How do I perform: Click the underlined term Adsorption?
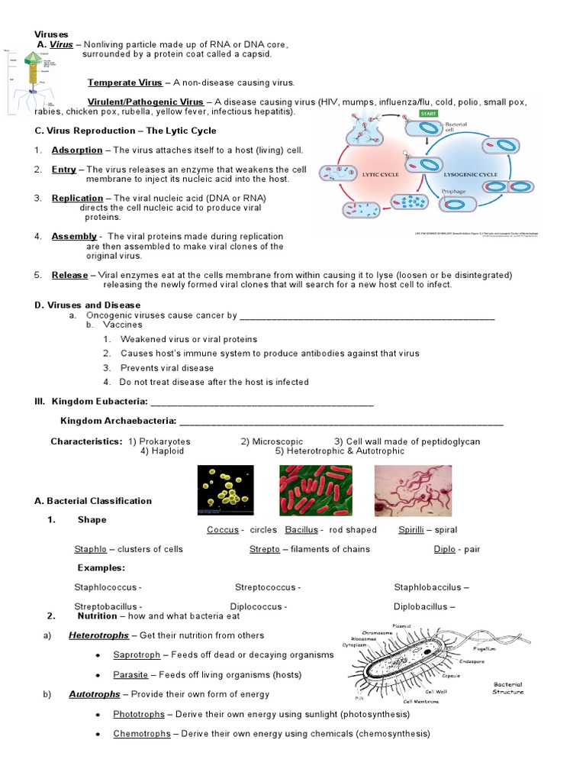[x=76, y=150]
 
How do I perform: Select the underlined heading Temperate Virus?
[x=125, y=82]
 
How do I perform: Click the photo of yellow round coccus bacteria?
[x=226, y=491]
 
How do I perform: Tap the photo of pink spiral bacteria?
[x=413, y=491]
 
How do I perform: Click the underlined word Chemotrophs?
[x=141, y=734]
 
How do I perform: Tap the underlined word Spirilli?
[x=411, y=530]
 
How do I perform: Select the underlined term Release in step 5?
[x=69, y=275]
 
